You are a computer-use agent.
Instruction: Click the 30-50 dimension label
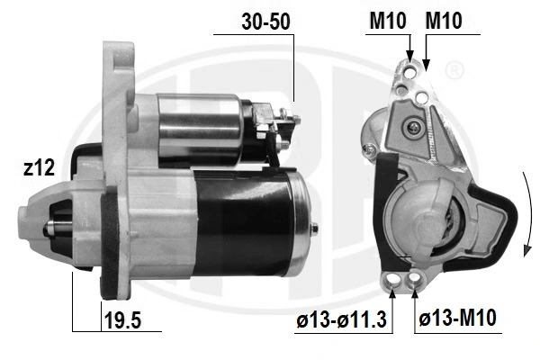point(265,22)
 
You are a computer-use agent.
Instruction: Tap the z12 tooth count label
point(39,167)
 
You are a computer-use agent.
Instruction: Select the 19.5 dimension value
point(122,320)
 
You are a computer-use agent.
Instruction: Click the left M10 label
point(387,21)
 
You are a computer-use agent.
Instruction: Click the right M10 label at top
point(444,21)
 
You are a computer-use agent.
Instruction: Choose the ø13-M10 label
point(457,318)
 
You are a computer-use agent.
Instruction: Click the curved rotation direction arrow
point(527,213)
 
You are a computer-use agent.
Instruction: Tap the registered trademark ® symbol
point(454,70)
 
